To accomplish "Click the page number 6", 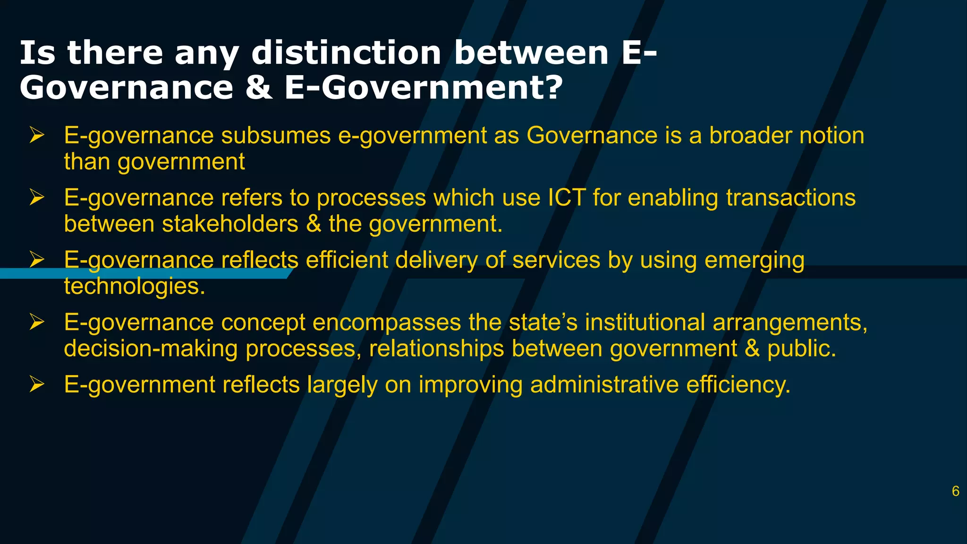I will (x=955, y=491).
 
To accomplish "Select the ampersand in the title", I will (x=259, y=88).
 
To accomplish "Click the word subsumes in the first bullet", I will (x=276, y=136).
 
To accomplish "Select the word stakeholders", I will (x=230, y=224).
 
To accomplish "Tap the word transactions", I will (x=790, y=197).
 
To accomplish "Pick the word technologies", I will (x=135, y=286).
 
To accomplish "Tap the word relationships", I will (x=436, y=349).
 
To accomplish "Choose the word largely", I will (x=342, y=385).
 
